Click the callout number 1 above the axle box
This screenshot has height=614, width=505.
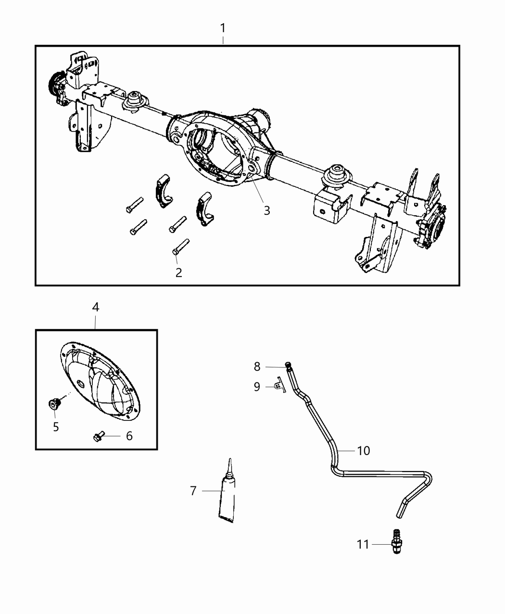click(x=223, y=28)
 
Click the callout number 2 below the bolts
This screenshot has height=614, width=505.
click(x=179, y=273)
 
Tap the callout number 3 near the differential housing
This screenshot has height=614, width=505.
click(x=266, y=210)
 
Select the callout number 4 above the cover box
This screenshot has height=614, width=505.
click(x=95, y=307)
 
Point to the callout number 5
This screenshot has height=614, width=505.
click(x=56, y=427)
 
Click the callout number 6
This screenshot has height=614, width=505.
click(x=129, y=436)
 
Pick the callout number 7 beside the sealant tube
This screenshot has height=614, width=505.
click(x=193, y=491)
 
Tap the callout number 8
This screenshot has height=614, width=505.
click(x=257, y=367)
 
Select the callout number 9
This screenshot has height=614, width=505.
click(x=257, y=386)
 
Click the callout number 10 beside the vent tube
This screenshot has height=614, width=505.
click(x=363, y=450)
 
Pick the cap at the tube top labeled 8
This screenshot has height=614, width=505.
click(x=288, y=365)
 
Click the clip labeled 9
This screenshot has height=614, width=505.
click(x=279, y=386)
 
